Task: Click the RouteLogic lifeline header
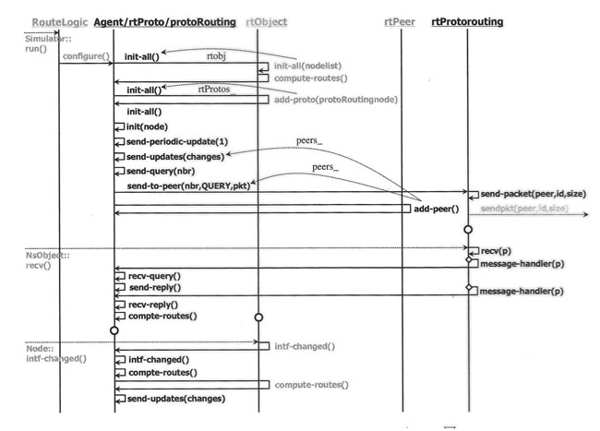(60, 20)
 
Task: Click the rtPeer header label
(398, 20)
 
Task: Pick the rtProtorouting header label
(466, 20)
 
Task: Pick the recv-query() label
(152, 275)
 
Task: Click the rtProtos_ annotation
(215, 89)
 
